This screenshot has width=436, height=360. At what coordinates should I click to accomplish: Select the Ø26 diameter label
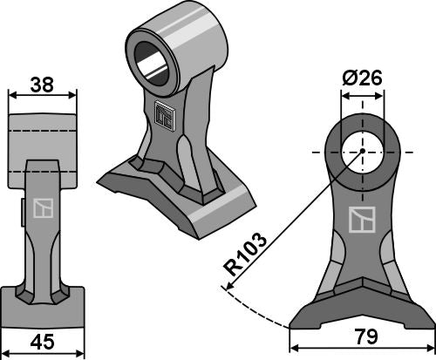(359, 78)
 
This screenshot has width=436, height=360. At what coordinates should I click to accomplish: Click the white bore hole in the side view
(359, 151)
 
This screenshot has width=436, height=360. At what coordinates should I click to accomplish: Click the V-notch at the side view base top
(359, 287)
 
